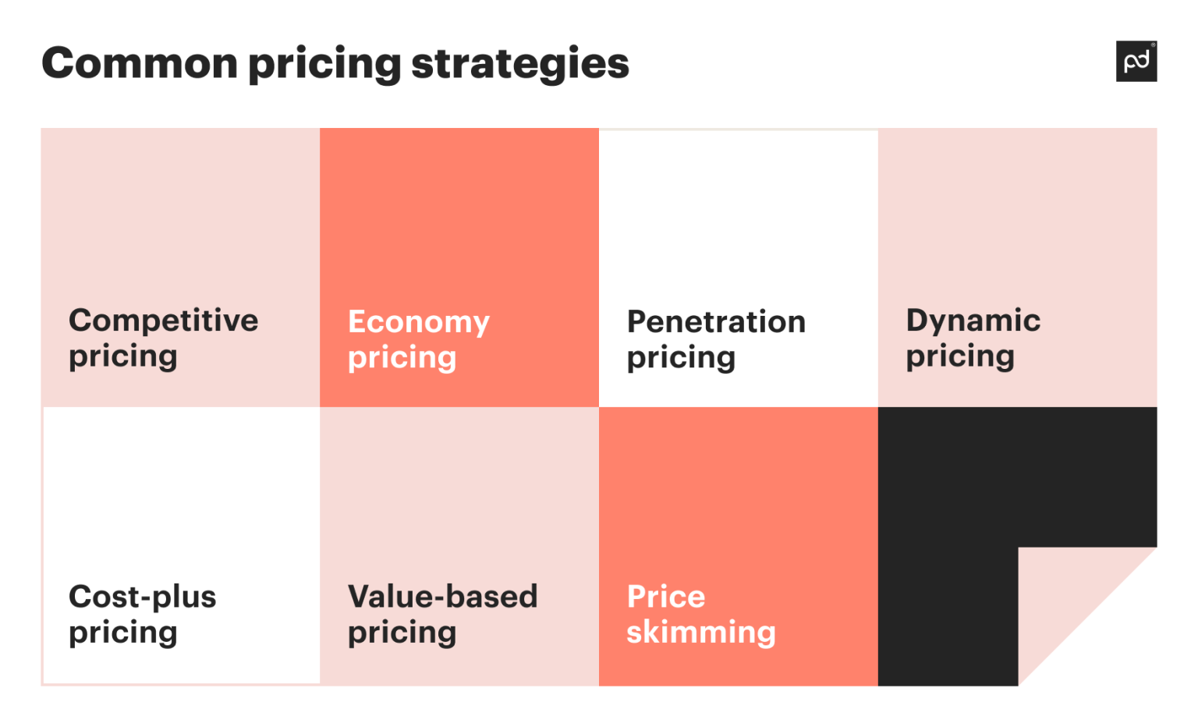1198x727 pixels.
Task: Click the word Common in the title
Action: pyautogui.click(x=140, y=63)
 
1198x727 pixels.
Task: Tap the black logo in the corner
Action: pyautogui.click(x=1136, y=61)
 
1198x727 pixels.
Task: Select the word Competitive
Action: pyautogui.click(x=163, y=321)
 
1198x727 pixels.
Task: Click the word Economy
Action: pyautogui.click(x=418, y=322)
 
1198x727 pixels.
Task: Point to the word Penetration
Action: pyautogui.click(x=716, y=321)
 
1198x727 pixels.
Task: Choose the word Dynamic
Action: pyautogui.click(x=973, y=321)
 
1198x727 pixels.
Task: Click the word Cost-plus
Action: pyautogui.click(x=142, y=597)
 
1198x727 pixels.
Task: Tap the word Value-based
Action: pyautogui.click(x=442, y=597)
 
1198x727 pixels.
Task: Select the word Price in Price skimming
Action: pyautogui.click(x=665, y=597)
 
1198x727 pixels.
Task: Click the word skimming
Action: pyautogui.click(x=700, y=633)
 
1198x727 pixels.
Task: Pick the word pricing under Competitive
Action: pyautogui.click(x=123, y=357)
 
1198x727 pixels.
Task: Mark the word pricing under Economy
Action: pyautogui.click(x=402, y=359)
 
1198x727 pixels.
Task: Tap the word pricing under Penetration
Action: pyautogui.click(x=681, y=359)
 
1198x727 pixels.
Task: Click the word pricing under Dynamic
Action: pyautogui.click(x=960, y=357)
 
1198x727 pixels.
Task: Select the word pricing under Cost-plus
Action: pyautogui.click(x=123, y=633)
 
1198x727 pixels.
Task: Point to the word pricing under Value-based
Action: pyautogui.click(x=402, y=633)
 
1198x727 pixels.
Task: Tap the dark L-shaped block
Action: pyautogui.click(x=948, y=546)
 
